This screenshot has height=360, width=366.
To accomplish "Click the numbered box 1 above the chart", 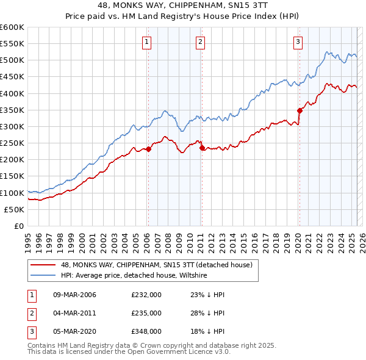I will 148,42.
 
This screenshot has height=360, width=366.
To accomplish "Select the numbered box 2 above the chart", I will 201,42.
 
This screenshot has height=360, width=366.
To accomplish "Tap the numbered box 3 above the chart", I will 298,42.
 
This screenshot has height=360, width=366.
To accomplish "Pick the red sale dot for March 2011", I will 202,148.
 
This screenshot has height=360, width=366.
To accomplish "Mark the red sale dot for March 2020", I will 300,110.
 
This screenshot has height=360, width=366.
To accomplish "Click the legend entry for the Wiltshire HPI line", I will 134,276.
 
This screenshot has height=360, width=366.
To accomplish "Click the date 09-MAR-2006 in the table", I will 75,295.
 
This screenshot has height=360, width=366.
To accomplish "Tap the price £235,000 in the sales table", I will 146,313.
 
